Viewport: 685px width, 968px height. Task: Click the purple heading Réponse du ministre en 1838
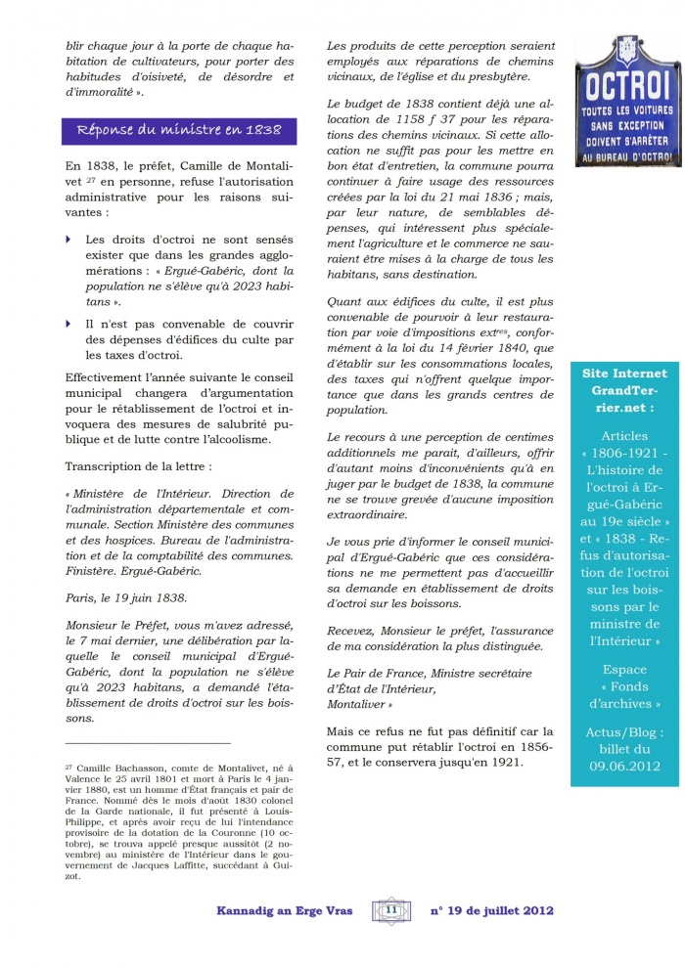pyautogui.click(x=172, y=129)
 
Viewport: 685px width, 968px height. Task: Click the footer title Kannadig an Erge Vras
pyautogui.click(x=289, y=910)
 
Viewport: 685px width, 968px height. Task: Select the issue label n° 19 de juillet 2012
pyautogui.click(x=492, y=910)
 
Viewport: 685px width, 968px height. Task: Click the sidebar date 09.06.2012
pyautogui.click(x=624, y=766)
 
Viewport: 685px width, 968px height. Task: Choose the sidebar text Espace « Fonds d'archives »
pyautogui.click(x=624, y=686)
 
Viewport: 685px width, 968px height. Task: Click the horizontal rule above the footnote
pyautogui.click(x=147, y=743)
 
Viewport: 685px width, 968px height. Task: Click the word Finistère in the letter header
pyautogui.click(x=90, y=568)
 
